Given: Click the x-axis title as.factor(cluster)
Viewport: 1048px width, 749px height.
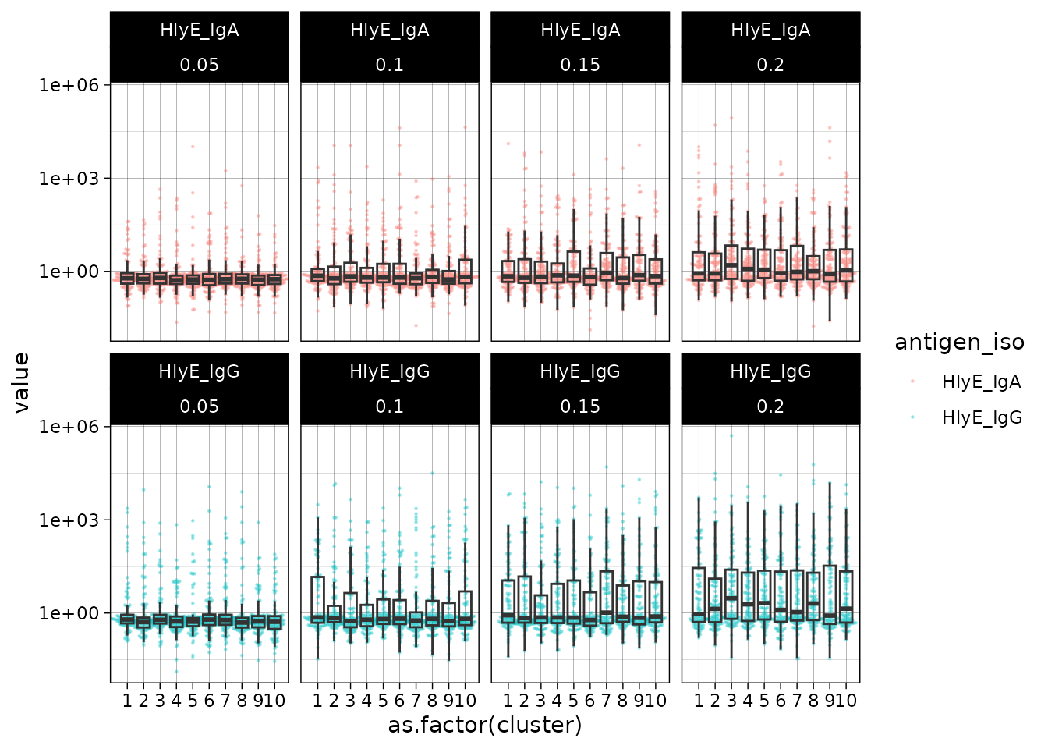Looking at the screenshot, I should tap(485, 725).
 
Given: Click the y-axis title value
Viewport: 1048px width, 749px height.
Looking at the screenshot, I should tap(21, 382).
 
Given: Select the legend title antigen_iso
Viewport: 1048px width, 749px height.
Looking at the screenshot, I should tap(959, 342).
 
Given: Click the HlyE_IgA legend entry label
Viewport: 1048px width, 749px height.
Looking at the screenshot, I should tap(981, 382).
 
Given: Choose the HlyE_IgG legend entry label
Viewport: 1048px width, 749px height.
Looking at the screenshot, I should tap(981, 417).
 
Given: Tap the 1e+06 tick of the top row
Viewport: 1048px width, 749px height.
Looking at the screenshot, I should tap(69, 84).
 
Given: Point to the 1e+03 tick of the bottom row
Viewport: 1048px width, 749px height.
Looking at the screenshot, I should tap(69, 520).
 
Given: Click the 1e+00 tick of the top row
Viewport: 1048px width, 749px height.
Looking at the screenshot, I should tap(69, 272).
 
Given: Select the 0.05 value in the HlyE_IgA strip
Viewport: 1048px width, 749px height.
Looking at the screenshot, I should tap(199, 65).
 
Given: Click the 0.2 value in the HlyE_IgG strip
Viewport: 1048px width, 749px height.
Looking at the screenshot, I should tap(770, 406).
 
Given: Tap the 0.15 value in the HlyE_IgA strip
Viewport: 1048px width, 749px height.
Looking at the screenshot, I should tap(580, 65).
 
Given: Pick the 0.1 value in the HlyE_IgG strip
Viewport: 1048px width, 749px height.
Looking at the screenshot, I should tap(390, 406).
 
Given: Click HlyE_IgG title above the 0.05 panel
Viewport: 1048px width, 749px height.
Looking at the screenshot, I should tap(199, 371).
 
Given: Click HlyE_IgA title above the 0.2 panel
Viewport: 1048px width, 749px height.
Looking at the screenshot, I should tap(770, 30).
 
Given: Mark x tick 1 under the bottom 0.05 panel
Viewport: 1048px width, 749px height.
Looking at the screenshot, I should tap(127, 700).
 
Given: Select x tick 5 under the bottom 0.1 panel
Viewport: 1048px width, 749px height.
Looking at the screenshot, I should tap(383, 700).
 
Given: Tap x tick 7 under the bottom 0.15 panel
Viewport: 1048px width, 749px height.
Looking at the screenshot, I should tap(606, 700).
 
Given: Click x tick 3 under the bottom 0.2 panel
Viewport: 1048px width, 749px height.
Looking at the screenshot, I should tap(731, 700).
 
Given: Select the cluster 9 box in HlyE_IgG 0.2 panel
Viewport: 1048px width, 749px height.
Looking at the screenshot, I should tap(830, 593).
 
